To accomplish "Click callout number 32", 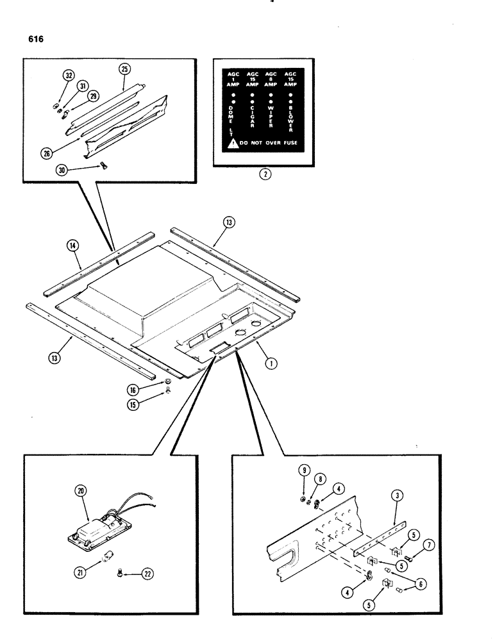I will (67, 76).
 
